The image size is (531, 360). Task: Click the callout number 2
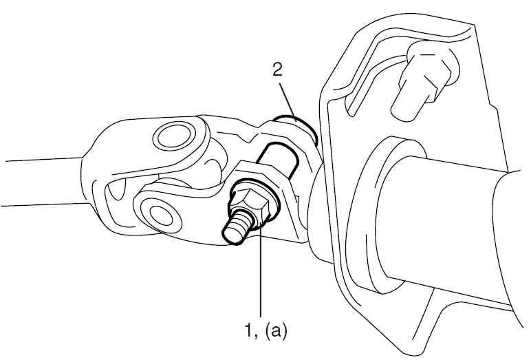pos(277,70)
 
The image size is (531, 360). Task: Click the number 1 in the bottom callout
pos(250,330)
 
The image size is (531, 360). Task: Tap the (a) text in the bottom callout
pos(276,331)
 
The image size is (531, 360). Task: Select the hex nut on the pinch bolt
pos(250,207)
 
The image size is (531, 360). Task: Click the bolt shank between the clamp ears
pos(279,159)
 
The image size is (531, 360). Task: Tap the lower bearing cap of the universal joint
pos(161,215)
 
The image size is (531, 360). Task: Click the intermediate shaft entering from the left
pos(44,182)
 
